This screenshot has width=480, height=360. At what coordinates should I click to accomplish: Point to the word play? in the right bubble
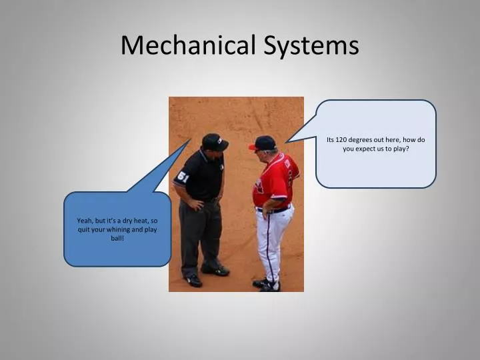pos(399,149)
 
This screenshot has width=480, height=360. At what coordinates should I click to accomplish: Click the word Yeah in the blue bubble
pos(85,221)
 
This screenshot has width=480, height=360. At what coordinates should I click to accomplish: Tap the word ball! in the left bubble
pos(117,238)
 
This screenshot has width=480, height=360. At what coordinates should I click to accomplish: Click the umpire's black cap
pos(214,141)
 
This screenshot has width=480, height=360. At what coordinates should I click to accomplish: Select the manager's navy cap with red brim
pos(264,143)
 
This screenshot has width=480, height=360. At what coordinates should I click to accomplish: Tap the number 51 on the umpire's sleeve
pos(183,177)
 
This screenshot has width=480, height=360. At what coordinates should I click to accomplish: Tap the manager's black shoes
pos(266,285)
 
